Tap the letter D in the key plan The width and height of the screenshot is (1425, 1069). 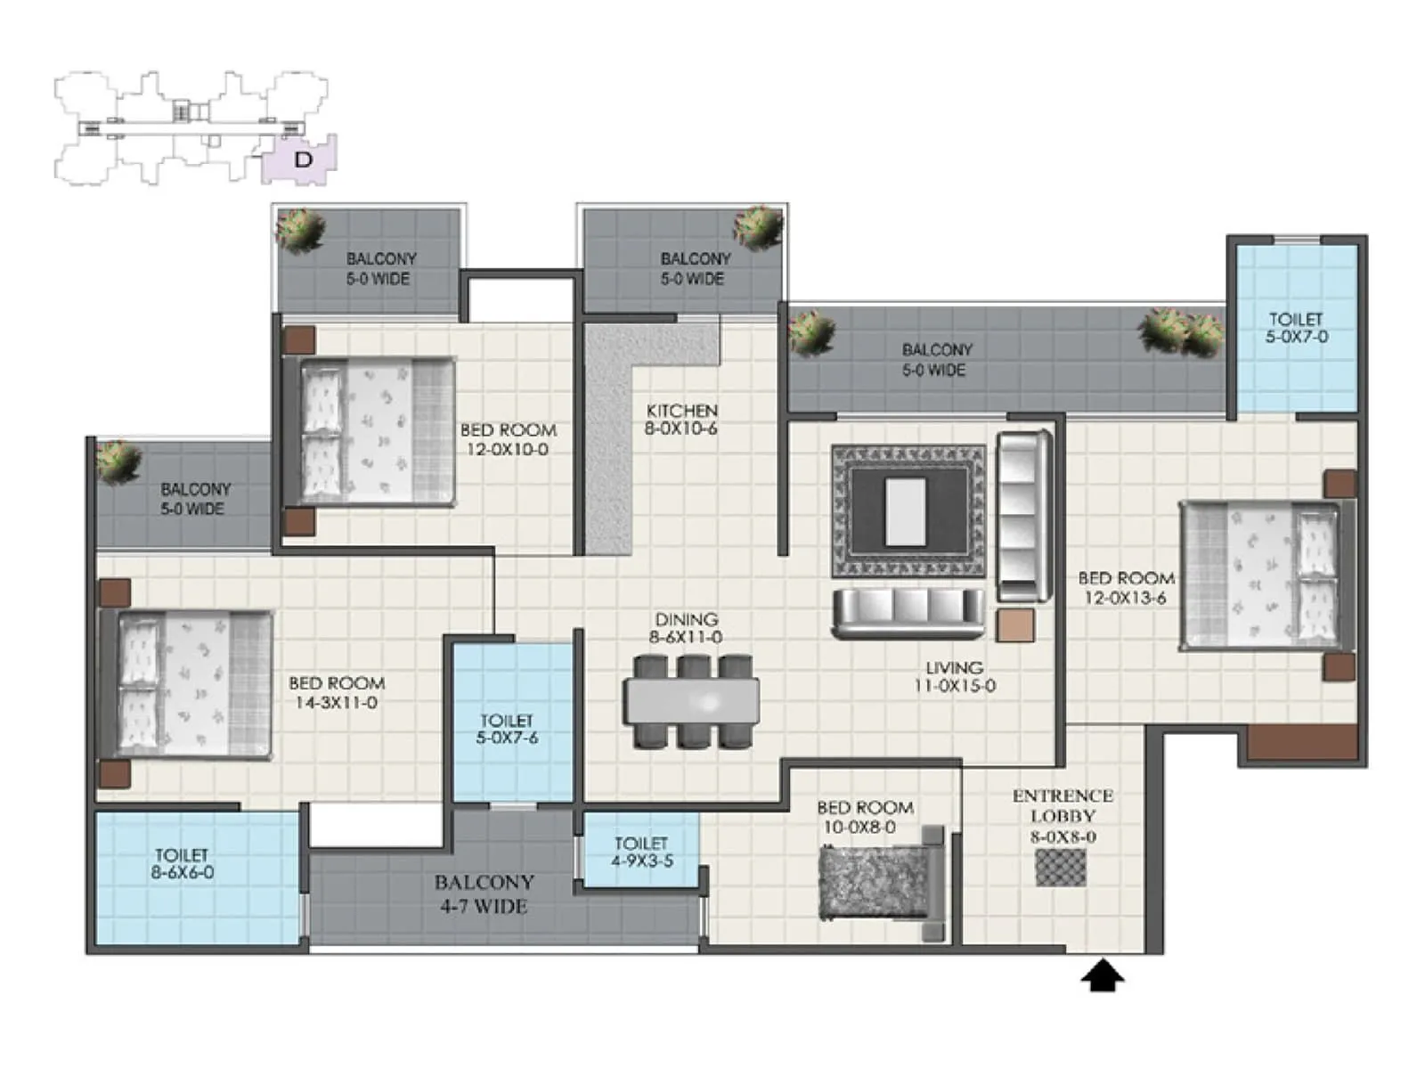tap(304, 160)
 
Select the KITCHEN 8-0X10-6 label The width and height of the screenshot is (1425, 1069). tap(681, 419)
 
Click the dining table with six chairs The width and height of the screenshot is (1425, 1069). tap(692, 701)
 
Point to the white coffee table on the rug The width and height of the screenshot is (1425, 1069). tap(906, 511)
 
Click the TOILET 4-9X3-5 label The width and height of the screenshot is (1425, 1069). tap(640, 852)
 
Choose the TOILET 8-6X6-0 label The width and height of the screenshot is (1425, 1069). tap(183, 864)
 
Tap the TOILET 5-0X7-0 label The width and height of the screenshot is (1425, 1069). tap(1296, 328)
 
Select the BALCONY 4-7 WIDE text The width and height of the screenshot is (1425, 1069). tap(484, 894)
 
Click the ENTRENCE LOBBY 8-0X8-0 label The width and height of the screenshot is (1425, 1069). tap(1063, 816)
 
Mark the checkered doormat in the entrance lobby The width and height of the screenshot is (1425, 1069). tap(1061, 868)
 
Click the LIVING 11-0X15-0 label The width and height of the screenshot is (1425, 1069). tap(954, 676)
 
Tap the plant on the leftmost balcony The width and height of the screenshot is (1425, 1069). tap(118, 461)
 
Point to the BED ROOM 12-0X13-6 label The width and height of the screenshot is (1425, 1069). tap(1126, 588)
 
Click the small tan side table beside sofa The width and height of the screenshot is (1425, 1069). tap(1015, 625)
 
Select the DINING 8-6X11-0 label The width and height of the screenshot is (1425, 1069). tap(686, 628)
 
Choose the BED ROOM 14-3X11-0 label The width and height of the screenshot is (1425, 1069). tap(337, 692)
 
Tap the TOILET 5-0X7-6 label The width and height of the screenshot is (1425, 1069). tap(507, 729)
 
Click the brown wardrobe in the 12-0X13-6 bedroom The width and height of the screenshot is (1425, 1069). tap(1301, 743)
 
